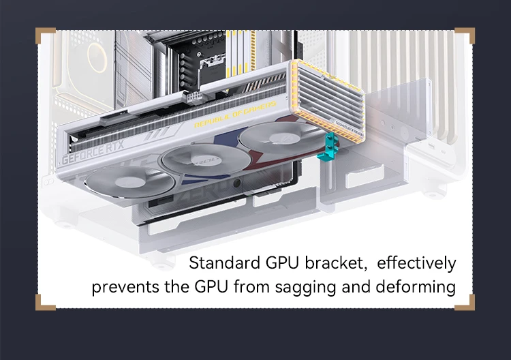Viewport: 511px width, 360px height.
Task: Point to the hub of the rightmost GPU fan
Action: (281, 137)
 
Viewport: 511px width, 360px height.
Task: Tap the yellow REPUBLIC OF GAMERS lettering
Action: (235, 114)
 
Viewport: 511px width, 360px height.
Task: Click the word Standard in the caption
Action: (225, 262)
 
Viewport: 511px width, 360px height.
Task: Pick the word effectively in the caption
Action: (416, 263)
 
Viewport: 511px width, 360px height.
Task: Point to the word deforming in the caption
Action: (416, 288)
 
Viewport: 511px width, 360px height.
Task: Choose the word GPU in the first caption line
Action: (282, 262)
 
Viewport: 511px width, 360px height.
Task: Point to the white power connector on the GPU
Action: (193, 97)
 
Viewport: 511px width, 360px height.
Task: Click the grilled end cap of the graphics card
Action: (328, 101)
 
